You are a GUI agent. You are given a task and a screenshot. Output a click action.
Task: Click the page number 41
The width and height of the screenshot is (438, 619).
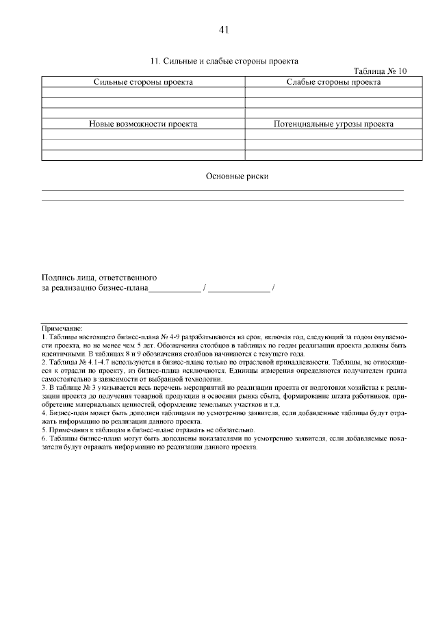223,29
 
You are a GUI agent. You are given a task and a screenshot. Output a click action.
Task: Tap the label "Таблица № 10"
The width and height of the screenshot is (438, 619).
380,71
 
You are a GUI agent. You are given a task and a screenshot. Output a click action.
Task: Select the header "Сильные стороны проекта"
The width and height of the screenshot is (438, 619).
143,82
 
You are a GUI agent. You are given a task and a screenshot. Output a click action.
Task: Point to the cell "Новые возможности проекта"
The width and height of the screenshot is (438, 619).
143,124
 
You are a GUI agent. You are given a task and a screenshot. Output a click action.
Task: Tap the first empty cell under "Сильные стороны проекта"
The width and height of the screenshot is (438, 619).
143,92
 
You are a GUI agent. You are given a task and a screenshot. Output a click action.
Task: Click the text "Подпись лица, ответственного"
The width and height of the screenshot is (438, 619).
100,278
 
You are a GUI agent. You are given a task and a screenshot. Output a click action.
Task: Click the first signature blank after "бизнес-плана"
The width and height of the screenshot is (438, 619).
175,290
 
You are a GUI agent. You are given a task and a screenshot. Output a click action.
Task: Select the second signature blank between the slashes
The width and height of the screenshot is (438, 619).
239,290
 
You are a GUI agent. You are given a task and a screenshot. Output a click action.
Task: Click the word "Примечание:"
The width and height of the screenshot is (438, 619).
62,329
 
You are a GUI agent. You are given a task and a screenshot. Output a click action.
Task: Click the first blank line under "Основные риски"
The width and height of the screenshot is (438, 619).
223,189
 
